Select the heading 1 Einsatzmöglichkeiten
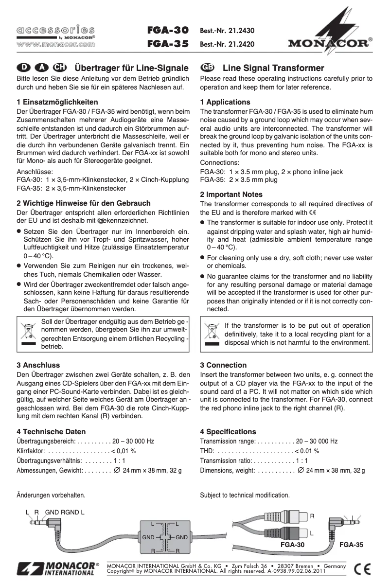coord(57,102)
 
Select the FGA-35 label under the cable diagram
coord(351,545)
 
